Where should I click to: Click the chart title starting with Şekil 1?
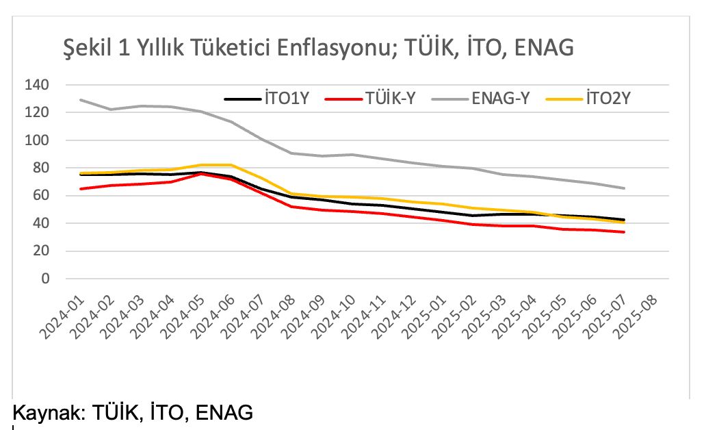click(x=317, y=47)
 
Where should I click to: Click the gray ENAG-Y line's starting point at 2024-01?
click(x=81, y=100)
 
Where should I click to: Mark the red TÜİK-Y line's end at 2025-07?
click(x=624, y=232)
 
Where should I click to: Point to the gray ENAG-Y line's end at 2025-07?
click(x=624, y=188)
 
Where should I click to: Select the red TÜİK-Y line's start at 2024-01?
click(x=81, y=189)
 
